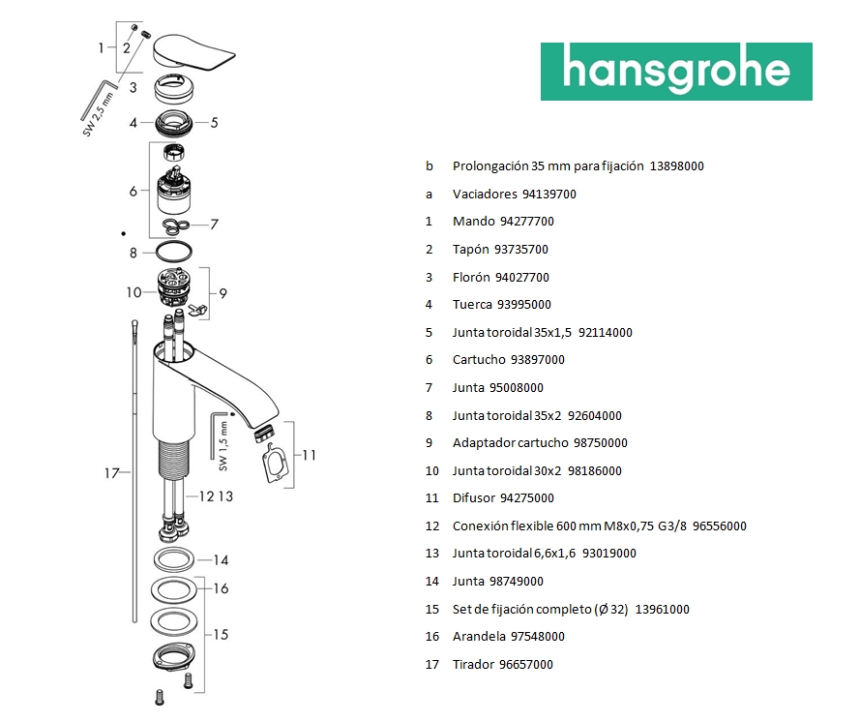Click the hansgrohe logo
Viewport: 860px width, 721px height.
click(676, 71)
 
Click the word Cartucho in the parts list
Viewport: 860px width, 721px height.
click(477, 360)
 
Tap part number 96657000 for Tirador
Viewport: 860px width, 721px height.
click(526, 665)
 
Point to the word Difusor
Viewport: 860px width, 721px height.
click(474, 498)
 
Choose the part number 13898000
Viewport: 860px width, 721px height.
click(677, 166)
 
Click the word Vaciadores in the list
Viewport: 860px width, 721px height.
click(485, 194)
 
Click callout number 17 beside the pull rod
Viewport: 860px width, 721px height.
click(111, 473)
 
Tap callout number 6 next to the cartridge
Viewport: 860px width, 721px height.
click(133, 191)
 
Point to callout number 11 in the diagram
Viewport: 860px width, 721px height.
click(309, 455)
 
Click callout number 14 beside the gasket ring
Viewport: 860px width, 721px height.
click(221, 560)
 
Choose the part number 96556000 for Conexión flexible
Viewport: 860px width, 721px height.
click(720, 526)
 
